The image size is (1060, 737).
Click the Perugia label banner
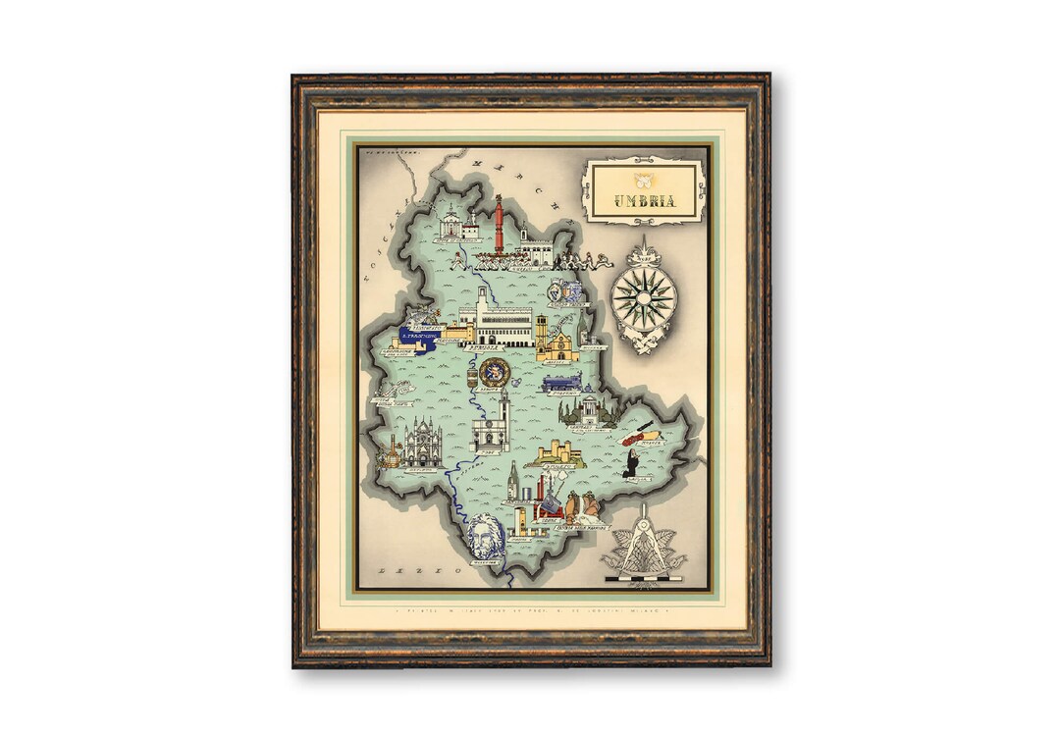click(483, 347)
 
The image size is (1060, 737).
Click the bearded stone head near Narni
click(482, 537)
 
